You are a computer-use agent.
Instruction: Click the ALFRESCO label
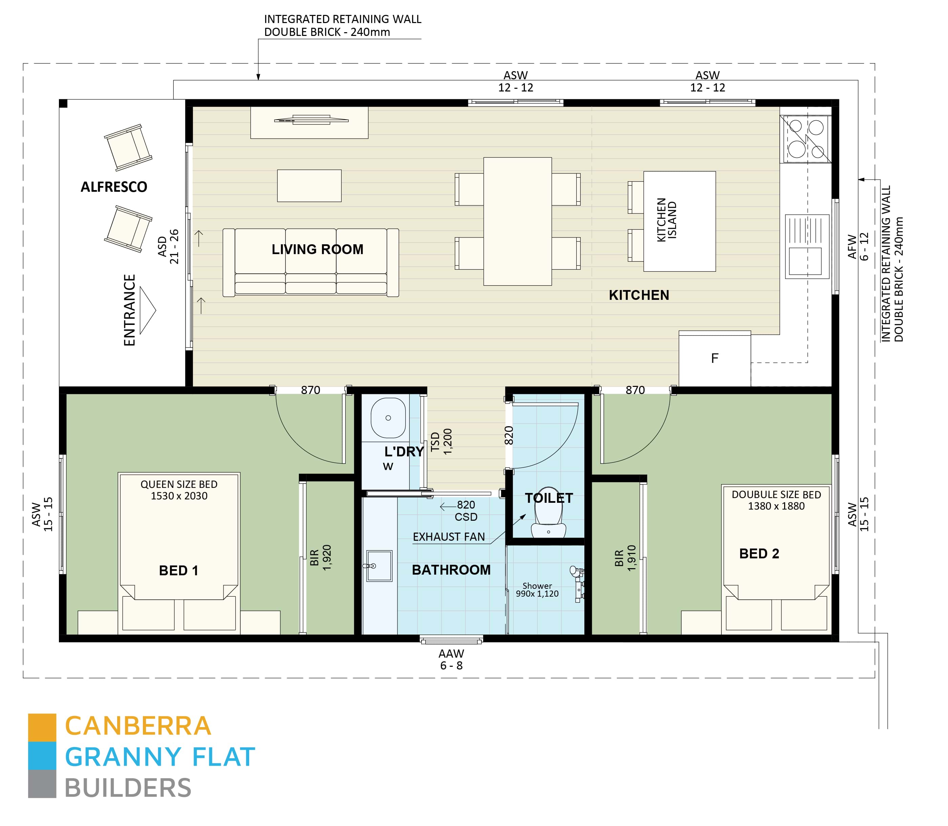114,187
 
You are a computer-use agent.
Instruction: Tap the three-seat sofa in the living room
310,262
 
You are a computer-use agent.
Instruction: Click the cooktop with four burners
805,138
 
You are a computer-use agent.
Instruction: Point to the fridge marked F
714,358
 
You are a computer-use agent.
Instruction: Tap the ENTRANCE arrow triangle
147,310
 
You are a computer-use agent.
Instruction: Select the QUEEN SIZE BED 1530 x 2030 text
179,490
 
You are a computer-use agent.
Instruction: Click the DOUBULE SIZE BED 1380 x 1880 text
776,500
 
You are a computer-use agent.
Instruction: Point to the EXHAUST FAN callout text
449,537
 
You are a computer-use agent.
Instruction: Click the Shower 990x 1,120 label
537,590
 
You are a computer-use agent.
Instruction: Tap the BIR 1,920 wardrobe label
321,558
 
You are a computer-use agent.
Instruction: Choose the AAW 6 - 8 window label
451,660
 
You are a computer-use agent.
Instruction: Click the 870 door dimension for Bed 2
635,390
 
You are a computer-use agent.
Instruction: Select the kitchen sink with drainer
806,246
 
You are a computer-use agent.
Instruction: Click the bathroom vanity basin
379,565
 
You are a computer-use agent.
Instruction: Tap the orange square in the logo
42,727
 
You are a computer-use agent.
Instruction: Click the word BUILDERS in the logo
128,788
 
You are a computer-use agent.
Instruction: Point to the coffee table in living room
309,186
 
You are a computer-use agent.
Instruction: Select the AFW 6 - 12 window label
858,247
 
